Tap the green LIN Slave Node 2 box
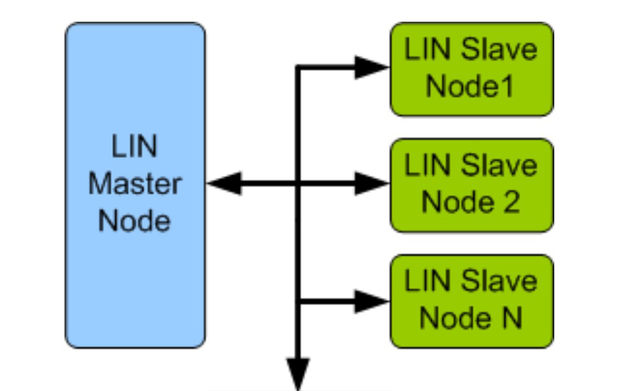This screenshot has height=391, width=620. click(x=471, y=185)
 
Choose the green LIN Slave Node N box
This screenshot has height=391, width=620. click(x=471, y=301)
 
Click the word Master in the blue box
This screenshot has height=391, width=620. click(x=135, y=184)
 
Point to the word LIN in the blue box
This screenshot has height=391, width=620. click(x=135, y=147)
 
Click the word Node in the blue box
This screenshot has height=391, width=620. click(x=135, y=221)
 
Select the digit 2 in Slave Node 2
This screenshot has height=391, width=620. click(x=511, y=203)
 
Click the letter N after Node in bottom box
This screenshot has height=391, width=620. click(x=512, y=319)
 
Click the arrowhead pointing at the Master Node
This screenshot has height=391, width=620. click(x=223, y=183)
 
